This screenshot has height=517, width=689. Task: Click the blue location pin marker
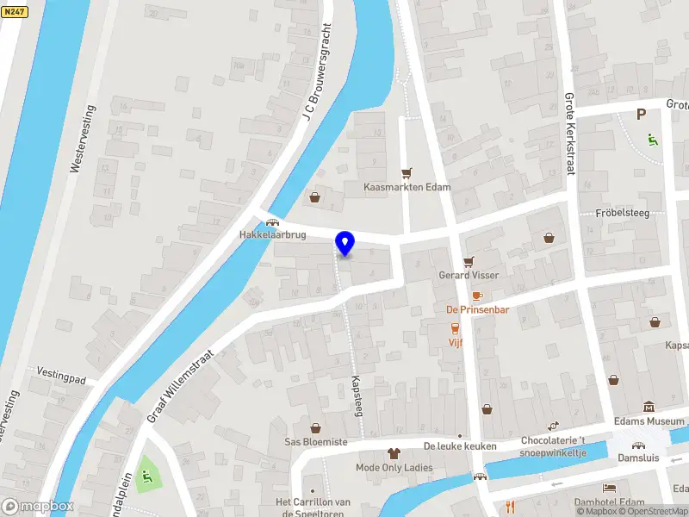pyautogui.click(x=345, y=244)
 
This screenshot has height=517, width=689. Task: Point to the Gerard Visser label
pyautogui.click(x=469, y=275)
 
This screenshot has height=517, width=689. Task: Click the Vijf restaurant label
pyautogui.click(x=456, y=342)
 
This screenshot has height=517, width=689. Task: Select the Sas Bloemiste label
pyautogui.click(x=316, y=441)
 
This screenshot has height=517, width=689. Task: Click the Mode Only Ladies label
pyautogui.click(x=394, y=468)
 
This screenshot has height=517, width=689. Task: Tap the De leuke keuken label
pyautogui.click(x=460, y=446)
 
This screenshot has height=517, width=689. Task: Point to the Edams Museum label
pyautogui.click(x=649, y=421)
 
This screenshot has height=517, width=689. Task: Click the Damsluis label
pyautogui.click(x=638, y=458)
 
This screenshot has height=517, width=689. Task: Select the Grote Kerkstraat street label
pyautogui.click(x=569, y=134)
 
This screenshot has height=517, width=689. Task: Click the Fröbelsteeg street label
pyautogui.click(x=622, y=212)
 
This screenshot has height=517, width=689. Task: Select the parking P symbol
pyautogui.click(x=640, y=114)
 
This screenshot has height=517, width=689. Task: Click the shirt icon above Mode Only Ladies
pyautogui.click(x=394, y=452)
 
